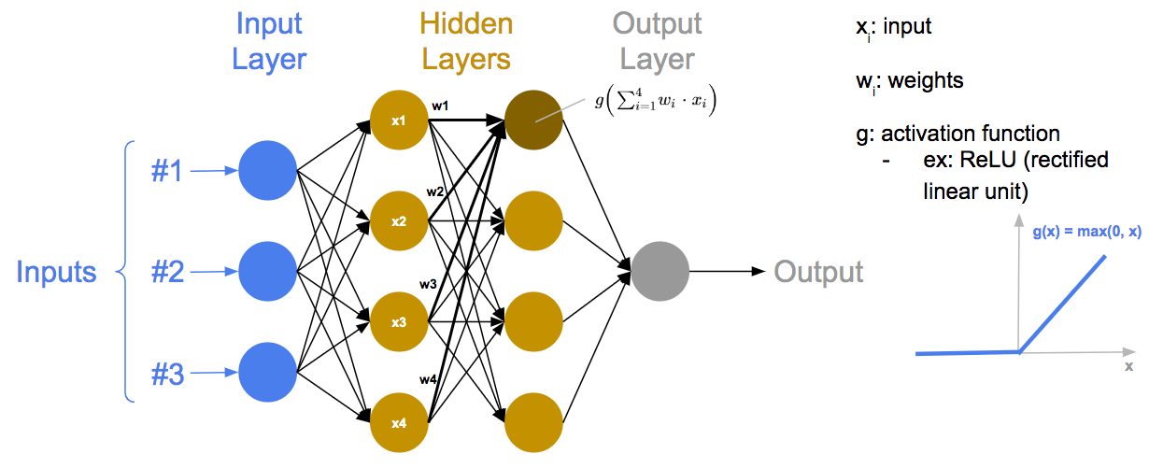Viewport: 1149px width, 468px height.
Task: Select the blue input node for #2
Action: click(267, 272)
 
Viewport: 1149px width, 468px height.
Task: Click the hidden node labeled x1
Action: click(399, 121)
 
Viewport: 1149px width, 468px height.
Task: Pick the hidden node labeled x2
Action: click(399, 221)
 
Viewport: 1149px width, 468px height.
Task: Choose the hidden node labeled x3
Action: click(399, 322)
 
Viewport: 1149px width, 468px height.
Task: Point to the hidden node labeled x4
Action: click(399, 423)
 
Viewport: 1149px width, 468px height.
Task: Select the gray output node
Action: click(660, 272)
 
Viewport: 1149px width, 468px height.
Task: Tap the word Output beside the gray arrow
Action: click(818, 272)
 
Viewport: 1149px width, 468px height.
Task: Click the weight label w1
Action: click(440, 106)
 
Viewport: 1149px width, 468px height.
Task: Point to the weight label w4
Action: click(429, 379)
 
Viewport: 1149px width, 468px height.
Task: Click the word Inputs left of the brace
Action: click(56, 272)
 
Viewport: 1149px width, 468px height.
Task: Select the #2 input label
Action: click(169, 272)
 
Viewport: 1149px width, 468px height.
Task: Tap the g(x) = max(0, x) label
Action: click(1086, 233)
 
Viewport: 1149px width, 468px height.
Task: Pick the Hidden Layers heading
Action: click(465, 41)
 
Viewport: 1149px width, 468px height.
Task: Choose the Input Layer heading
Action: click(268, 41)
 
